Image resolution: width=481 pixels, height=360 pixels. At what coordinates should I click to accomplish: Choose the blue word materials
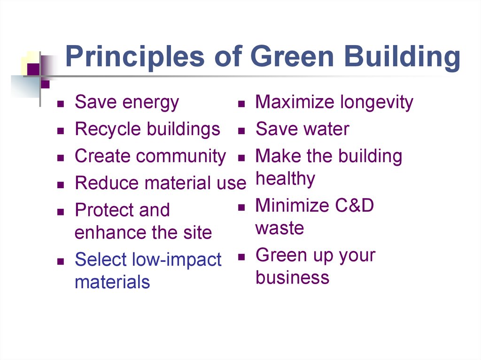(112, 282)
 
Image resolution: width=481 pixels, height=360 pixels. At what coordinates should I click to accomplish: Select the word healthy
(285, 179)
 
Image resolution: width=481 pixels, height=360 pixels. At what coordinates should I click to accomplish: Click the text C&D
(353, 206)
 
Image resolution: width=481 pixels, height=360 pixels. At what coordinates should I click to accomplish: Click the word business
(292, 277)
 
